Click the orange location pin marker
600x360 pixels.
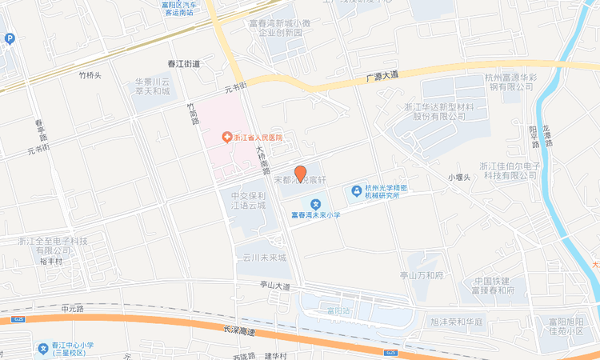click(300, 173)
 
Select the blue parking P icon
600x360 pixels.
click(10, 38)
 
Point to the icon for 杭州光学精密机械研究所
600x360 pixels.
click(355, 191)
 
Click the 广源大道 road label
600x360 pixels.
click(382, 75)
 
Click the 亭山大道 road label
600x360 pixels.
click(274, 286)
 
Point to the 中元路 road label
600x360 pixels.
click(72, 307)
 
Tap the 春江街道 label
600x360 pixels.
click(183, 63)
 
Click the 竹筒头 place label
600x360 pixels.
click(90, 75)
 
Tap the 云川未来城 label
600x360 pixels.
click(264, 258)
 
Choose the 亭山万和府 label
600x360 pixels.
click(422, 274)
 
